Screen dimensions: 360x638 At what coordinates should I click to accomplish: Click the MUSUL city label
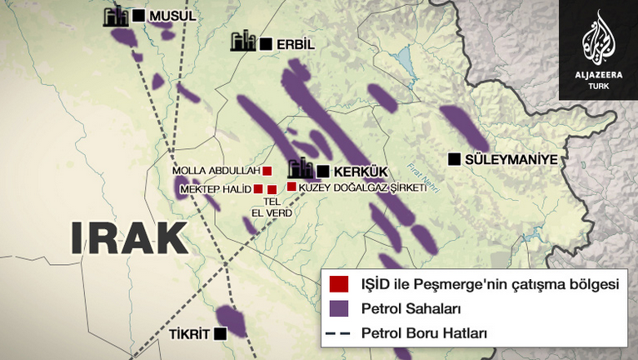(x=172, y=16)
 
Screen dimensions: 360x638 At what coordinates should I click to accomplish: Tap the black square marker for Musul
(x=137, y=16)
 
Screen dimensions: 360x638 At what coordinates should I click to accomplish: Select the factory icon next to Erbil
(x=242, y=42)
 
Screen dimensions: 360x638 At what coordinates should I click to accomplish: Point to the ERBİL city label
(x=296, y=43)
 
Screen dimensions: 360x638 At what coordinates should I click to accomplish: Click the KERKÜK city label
(x=360, y=171)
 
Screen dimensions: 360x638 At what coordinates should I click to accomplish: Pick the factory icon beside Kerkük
(x=301, y=168)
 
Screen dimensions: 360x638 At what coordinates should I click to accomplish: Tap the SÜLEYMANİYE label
(x=511, y=159)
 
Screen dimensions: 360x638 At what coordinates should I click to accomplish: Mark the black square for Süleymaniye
(x=454, y=158)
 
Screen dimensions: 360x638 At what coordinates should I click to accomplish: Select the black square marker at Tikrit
(x=220, y=333)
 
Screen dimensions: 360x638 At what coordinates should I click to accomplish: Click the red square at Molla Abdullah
(x=267, y=171)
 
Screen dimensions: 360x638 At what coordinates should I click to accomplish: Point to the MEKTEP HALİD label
(x=215, y=189)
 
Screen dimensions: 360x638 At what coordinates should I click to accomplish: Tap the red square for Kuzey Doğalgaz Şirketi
(x=292, y=187)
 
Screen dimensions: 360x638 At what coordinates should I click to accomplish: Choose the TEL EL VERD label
(x=270, y=206)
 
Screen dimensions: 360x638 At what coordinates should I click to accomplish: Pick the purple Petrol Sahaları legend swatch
(x=338, y=309)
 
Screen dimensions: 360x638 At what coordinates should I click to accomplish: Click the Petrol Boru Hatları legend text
(x=424, y=332)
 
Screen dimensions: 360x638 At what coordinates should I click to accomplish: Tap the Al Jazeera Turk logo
(x=598, y=49)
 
